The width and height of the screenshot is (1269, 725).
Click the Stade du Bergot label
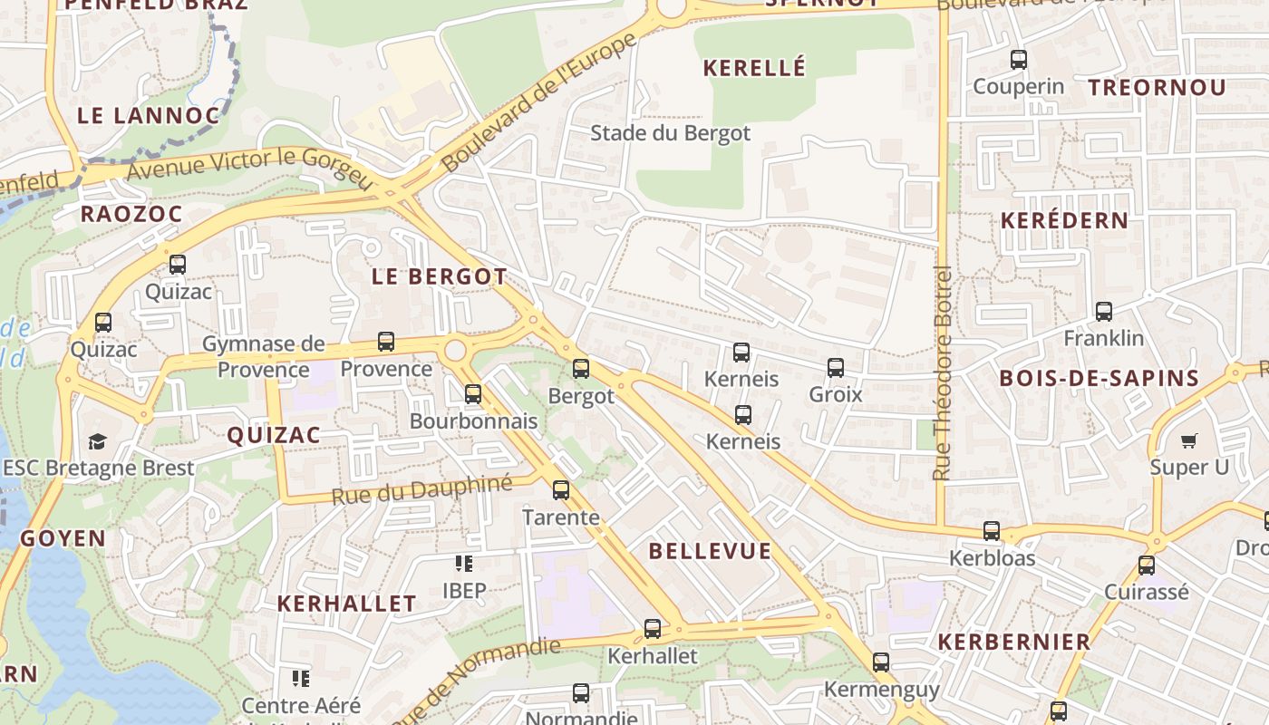[670, 133]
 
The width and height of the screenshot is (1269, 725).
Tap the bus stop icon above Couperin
[1019, 61]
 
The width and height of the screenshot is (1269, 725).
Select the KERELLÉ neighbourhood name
[754, 68]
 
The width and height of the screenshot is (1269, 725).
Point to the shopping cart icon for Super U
[1188, 441]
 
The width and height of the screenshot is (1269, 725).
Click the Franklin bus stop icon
[1104, 312]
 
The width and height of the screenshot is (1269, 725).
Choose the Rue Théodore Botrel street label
[943, 372]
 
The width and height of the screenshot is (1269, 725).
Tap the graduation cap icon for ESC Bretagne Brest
[97, 441]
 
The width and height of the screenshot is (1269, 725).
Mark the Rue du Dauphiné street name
[421, 490]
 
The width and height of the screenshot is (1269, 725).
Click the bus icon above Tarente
[561, 490]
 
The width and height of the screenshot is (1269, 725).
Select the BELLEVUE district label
[710, 551]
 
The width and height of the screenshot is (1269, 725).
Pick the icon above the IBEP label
[464, 564]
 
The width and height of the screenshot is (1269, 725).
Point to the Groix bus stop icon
[836, 368]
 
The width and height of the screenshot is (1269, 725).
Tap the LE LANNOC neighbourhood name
[149, 116]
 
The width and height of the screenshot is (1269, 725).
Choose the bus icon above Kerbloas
[992, 531]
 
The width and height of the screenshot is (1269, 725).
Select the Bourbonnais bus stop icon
[473, 394]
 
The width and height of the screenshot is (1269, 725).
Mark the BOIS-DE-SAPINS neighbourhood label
[1099, 379]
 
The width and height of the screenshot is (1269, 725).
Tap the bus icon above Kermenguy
[881, 662]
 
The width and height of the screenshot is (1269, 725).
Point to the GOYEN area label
[63, 538]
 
